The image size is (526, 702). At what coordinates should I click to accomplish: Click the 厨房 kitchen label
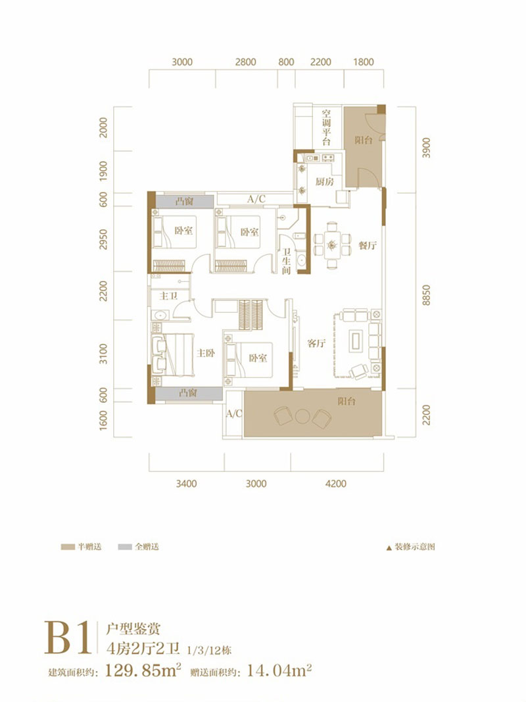[325, 182]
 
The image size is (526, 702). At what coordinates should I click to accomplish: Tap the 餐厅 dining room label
[368, 245]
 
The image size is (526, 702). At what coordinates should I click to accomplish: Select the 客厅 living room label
[316, 343]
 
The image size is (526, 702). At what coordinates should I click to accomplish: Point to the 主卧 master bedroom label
[206, 353]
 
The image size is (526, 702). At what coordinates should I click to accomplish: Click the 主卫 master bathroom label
[169, 296]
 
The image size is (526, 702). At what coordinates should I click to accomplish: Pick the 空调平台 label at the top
[326, 127]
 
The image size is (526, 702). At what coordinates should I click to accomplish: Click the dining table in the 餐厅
[332, 245]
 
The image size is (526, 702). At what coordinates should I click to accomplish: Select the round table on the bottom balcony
[302, 416]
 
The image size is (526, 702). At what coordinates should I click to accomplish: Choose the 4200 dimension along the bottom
[336, 484]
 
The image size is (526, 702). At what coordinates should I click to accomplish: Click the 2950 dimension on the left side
[103, 239]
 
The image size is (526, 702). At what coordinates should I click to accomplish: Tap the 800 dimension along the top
[286, 62]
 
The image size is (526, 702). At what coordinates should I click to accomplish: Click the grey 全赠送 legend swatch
[125, 547]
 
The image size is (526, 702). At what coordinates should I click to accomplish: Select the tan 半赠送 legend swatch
[68, 547]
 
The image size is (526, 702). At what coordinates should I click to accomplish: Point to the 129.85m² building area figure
[143, 670]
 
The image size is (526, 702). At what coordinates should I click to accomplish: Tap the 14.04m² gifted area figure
[279, 670]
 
